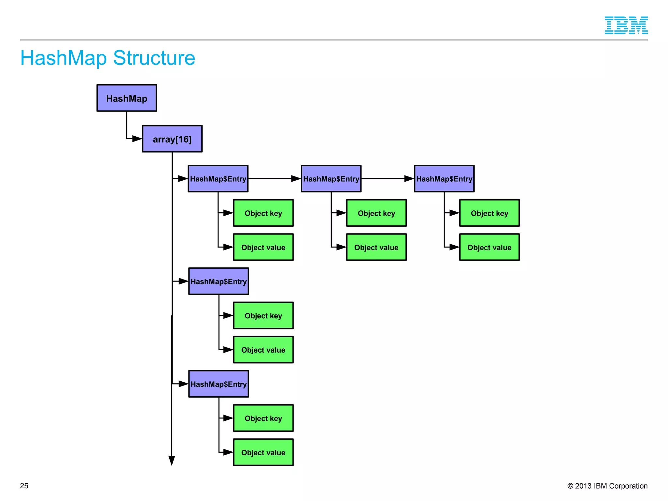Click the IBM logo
tap(626, 25)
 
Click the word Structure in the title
tap(154, 58)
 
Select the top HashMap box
tap(127, 98)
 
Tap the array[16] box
tap(172, 139)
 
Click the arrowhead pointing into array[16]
tap(137, 139)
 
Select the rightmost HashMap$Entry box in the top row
tap(444, 179)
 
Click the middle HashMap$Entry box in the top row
tap(331, 179)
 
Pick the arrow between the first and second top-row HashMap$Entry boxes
tap(274, 179)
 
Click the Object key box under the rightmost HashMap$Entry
tap(489, 213)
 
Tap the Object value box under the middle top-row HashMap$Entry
tap(376, 247)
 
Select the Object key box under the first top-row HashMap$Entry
tap(263, 213)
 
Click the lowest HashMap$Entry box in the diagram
tap(219, 384)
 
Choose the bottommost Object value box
tap(263, 452)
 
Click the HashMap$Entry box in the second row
tap(219, 281)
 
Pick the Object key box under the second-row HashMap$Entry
tap(263, 315)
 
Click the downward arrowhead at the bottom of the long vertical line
tap(172, 461)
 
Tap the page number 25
tap(24, 486)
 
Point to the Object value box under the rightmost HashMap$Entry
tap(489, 247)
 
